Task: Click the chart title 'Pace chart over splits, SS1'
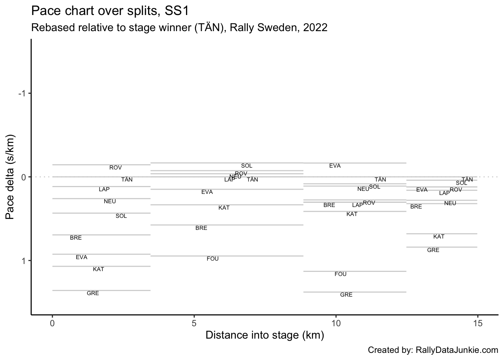pyautogui.click(x=110, y=11)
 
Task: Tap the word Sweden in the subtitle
pyautogui.click(x=277, y=28)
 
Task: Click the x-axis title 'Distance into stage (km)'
pyautogui.click(x=264, y=335)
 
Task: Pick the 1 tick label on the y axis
pyautogui.click(x=24, y=261)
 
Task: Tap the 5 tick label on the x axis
pyautogui.click(x=194, y=323)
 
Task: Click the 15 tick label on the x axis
pyautogui.click(x=477, y=323)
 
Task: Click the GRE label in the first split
pyautogui.click(x=93, y=293)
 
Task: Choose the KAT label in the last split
pyautogui.click(x=439, y=237)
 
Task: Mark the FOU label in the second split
pyautogui.click(x=213, y=259)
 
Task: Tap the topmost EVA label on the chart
pyautogui.click(x=335, y=166)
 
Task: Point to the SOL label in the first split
pyautogui.click(x=121, y=216)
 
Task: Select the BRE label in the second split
pyautogui.click(x=201, y=228)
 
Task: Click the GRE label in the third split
pyautogui.click(x=346, y=295)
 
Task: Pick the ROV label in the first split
pyautogui.click(x=115, y=168)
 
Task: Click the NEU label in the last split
pyautogui.click(x=450, y=203)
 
